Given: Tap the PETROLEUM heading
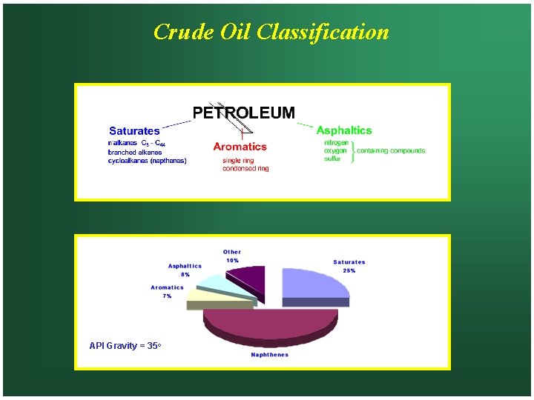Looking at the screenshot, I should pyautogui.click(x=243, y=113).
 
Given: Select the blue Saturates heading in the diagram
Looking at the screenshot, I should pyautogui.click(x=134, y=131).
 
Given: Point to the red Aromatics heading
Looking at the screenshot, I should pyautogui.click(x=240, y=147).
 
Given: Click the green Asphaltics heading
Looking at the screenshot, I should pyautogui.click(x=344, y=131).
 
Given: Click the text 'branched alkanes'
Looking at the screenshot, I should pyautogui.click(x=132, y=152).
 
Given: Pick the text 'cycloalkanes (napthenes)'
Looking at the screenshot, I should pyautogui.click(x=147, y=160).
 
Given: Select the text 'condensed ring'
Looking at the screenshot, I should pyautogui.click(x=245, y=168).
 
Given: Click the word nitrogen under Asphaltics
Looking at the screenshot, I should pyautogui.click(x=337, y=142).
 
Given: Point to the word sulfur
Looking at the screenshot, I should pyautogui.click(x=332, y=159).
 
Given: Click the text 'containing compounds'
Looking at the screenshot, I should pyautogui.click(x=391, y=150).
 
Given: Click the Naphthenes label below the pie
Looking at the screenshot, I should pyautogui.click(x=270, y=355).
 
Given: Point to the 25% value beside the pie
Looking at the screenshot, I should pyautogui.click(x=349, y=270).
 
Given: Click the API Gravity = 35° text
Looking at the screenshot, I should pyautogui.click(x=125, y=346).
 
